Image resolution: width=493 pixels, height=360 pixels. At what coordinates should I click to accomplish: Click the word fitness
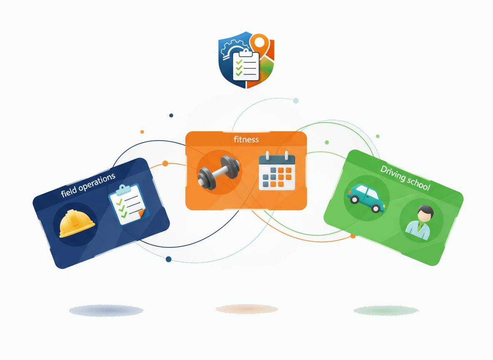pyautogui.click(x=246, y=140)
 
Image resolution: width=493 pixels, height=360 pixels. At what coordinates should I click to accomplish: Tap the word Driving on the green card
pyautogui.click(x=393, y=173)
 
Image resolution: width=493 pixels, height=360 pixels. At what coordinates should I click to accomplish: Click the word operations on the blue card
pyautogui.click(x=97, y=183)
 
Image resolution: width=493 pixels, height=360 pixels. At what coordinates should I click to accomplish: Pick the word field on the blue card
pyautogui.click(x=68, y=192)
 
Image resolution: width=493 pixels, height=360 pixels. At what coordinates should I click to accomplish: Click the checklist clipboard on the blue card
pyautogui.click(x=129, y=205)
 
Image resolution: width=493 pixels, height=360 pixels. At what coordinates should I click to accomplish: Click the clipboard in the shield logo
pyautogui.click(x=246, y=65)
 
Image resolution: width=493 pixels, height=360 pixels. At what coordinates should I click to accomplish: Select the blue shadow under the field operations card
pyautogui.click(x=106, y=310)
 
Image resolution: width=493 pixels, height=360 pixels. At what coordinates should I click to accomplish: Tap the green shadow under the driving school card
pyautogui.click(x=386, y=310)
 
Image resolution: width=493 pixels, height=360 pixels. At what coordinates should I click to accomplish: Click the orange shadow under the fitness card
pyautogui.click(x=247, y=309)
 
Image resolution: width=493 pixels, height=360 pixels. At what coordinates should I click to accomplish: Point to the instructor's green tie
pyautogui.click(x=419, y=226)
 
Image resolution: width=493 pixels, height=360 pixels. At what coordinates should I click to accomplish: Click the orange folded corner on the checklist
pyautogui.click(x=142, y=214)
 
